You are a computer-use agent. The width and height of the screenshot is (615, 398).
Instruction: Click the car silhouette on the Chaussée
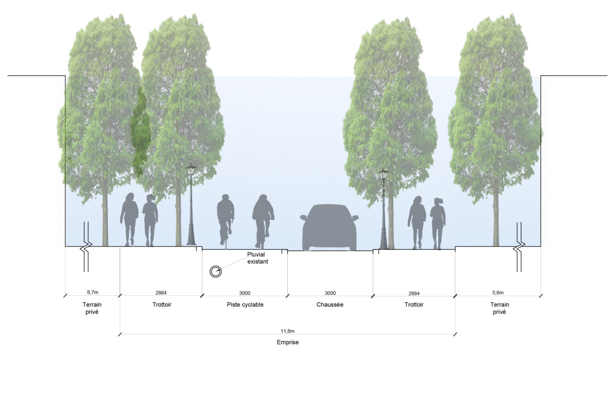[329, 228]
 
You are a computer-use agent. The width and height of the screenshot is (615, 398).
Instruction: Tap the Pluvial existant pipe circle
[215, 272]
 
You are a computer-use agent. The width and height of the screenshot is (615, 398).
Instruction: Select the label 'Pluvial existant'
[257, 258]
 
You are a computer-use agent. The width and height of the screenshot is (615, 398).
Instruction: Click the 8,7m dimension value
[93, 292]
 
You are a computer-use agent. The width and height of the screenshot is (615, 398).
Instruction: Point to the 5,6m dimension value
[498, 293]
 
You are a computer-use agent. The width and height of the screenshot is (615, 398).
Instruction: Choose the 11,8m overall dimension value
[287, 331]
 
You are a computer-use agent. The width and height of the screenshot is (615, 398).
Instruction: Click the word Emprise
[288, 342]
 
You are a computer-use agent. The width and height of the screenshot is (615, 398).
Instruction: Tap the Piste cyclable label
[245, 304]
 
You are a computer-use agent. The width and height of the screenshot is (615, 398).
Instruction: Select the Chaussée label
[330, 304]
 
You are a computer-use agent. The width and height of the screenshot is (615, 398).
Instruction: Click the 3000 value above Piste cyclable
[244, 293]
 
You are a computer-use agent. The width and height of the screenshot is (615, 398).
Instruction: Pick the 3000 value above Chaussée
[330, 293]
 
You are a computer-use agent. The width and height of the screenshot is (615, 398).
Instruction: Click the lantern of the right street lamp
[383, 174]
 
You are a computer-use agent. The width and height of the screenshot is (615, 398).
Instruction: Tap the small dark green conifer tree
[140, 132]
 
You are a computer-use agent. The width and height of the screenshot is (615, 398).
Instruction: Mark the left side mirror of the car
[303, 217]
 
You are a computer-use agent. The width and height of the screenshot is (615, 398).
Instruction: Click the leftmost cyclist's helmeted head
[226, 198]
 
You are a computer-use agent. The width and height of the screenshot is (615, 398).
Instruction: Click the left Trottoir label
[162, 304]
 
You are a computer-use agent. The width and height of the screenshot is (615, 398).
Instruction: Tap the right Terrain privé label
[499, 308]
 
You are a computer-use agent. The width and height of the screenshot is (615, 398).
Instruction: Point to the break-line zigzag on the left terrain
[86, 246]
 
